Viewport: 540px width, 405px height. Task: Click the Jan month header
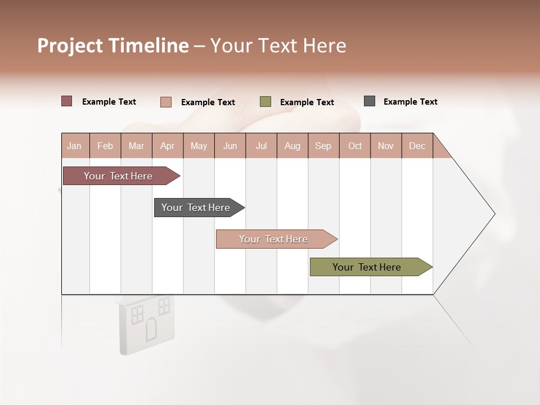point(75,146)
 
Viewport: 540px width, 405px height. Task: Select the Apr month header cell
point(168,146)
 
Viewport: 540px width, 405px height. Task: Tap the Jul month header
point(261,146)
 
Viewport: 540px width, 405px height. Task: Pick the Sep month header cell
point(323,146)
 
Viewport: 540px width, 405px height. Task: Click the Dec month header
point(417,146)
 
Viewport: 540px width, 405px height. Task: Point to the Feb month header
point(105,146)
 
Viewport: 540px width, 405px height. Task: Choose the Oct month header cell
point(355,146)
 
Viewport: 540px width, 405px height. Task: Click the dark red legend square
point(67,101)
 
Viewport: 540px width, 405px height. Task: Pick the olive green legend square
point(265,102)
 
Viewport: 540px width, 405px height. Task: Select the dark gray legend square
point(370,101)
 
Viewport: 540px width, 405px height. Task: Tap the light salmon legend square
point(166,102)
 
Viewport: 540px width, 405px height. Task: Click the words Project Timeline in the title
point(113,46)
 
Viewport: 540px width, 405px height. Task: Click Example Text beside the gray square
point(410,102)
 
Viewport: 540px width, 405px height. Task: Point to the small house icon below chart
point(146,323)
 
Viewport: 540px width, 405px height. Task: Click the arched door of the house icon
point(151,330)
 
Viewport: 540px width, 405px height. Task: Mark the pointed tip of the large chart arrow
point(494,214)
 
